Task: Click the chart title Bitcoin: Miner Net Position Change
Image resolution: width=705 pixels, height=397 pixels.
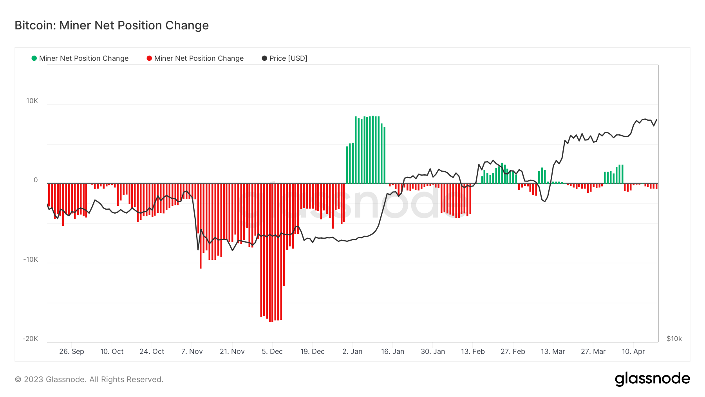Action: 112,25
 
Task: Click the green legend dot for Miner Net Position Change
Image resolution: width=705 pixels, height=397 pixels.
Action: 34,58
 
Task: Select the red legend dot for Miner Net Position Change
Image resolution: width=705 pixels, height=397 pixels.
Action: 149,58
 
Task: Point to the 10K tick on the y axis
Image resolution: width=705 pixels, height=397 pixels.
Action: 32,101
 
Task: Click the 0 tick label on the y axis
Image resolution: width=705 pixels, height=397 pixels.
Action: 36,180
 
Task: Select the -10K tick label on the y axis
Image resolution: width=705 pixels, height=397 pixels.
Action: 31,260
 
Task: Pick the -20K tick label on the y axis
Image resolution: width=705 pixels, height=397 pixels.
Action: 31,339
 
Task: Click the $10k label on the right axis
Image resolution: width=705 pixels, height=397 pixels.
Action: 674,339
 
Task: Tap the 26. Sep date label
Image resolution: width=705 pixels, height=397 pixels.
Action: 72,352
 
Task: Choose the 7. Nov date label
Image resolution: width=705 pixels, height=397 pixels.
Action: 192,352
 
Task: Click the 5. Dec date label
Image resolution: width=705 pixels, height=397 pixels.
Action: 272,352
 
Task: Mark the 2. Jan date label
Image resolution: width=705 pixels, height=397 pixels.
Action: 352,352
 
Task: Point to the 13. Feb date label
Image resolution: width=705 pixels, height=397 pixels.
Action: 473,352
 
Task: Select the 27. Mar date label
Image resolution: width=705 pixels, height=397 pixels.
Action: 593,352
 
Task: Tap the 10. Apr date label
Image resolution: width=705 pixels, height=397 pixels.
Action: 633,352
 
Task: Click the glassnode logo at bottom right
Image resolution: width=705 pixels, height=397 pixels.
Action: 652,379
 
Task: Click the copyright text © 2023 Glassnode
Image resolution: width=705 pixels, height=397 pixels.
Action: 89,379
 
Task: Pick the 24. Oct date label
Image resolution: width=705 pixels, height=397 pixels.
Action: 152,352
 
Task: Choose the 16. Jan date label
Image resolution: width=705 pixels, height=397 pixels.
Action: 392,352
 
